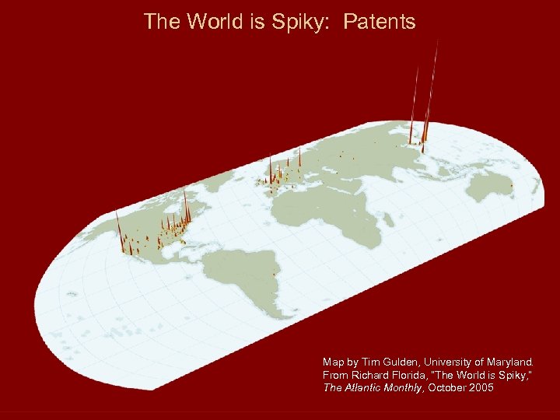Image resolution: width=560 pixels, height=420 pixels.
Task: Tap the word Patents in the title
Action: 380,22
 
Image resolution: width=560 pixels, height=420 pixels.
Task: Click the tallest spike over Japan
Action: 427,101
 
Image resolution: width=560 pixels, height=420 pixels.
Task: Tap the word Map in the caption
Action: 332,362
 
